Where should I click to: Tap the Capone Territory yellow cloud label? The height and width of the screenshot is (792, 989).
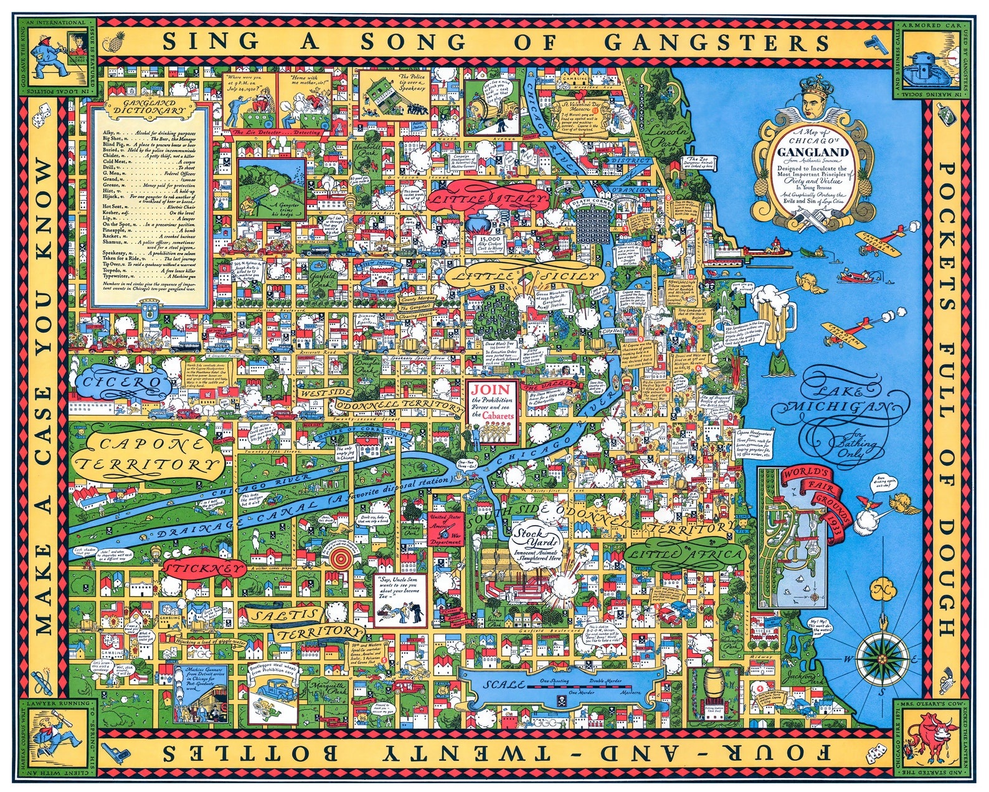(x=146, y=454)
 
